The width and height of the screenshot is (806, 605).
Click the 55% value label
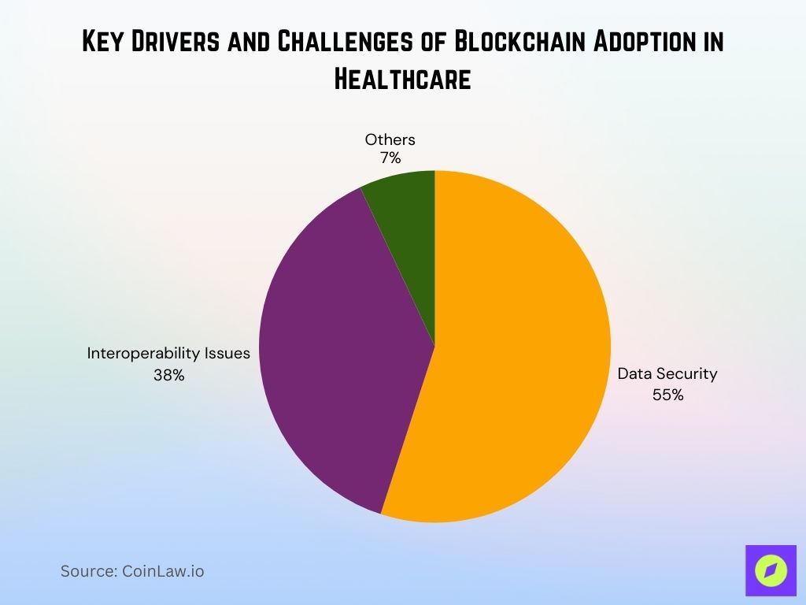tap(667, 395)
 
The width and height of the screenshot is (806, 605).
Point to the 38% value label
tap(169, 376)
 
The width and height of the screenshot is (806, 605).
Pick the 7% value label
tap(390, 158)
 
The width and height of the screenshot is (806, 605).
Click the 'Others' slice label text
tap(390, 140)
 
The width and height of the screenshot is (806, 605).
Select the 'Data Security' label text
tap(667, 374)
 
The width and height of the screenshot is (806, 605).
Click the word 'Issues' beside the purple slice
tap(226, 354)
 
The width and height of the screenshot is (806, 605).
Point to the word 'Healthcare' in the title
tap(402, 79)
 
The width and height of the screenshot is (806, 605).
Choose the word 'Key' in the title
tap(106, 43)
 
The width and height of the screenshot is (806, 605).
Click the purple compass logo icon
tap(771, 570)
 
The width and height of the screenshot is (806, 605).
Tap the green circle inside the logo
tap(771, 570)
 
